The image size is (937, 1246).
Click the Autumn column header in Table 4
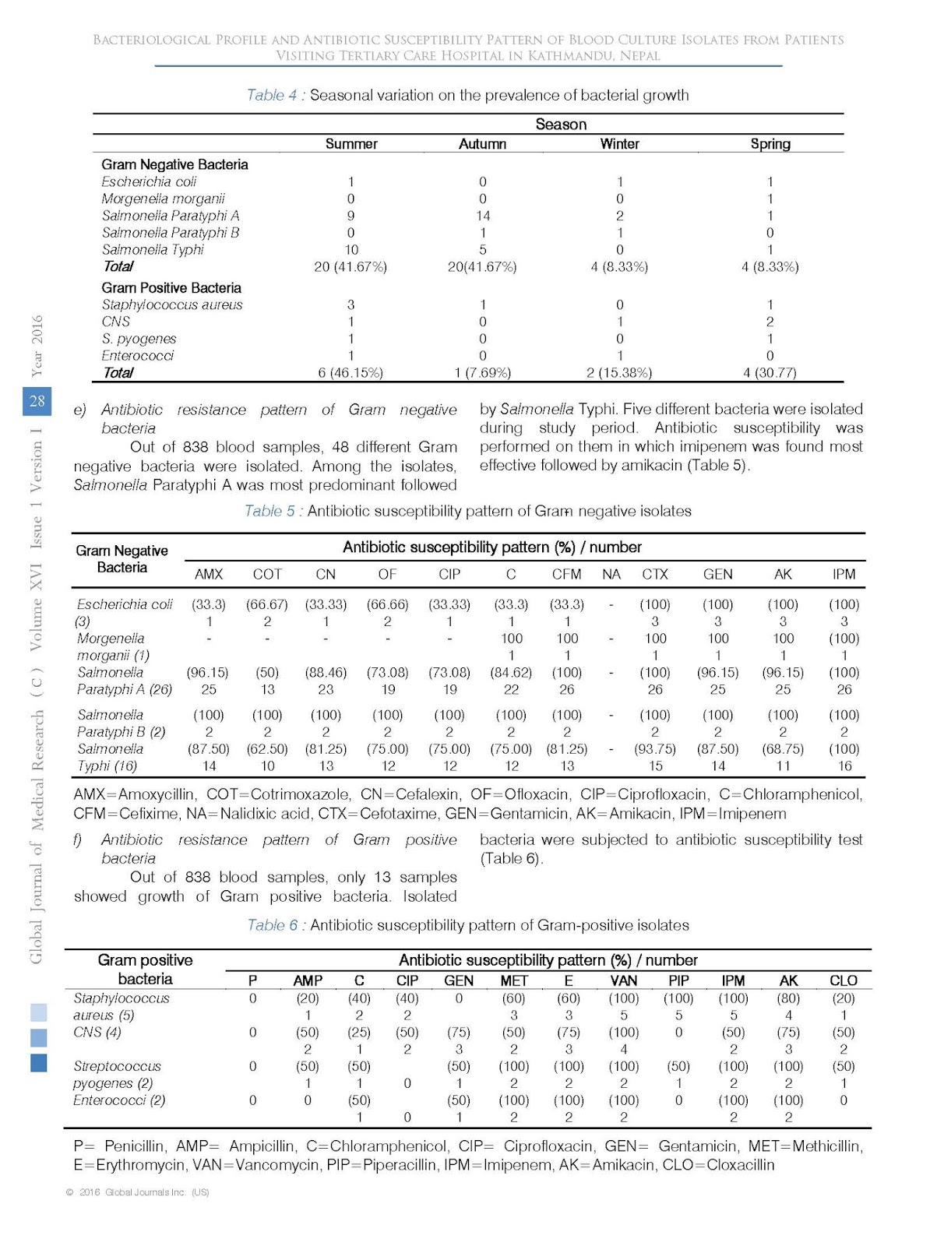tap(482, 144)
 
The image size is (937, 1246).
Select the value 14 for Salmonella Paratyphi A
tap(482, 216)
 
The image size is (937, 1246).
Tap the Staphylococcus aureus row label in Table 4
tap(172, 304)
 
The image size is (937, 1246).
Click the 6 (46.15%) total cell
tap(350, 372)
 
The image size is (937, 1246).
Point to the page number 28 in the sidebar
tap(37, 401)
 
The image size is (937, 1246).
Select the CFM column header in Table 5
tap(566, 574)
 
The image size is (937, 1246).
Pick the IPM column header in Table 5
tap(844, 574)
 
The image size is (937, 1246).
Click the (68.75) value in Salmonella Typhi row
tap(783, 748)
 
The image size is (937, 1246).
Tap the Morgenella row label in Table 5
tap(111, 639)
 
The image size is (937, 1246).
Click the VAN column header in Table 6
tap(623, 980)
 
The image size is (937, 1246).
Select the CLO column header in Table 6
tap(843, 980)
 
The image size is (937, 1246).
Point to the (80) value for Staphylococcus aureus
tap(788, 998)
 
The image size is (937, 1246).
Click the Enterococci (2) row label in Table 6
tap(119, 1100)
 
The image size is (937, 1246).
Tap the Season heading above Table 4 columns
tap(561, 125)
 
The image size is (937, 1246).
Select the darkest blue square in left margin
tap(38, 1062)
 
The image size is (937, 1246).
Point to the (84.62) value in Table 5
tap(511, 672)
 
